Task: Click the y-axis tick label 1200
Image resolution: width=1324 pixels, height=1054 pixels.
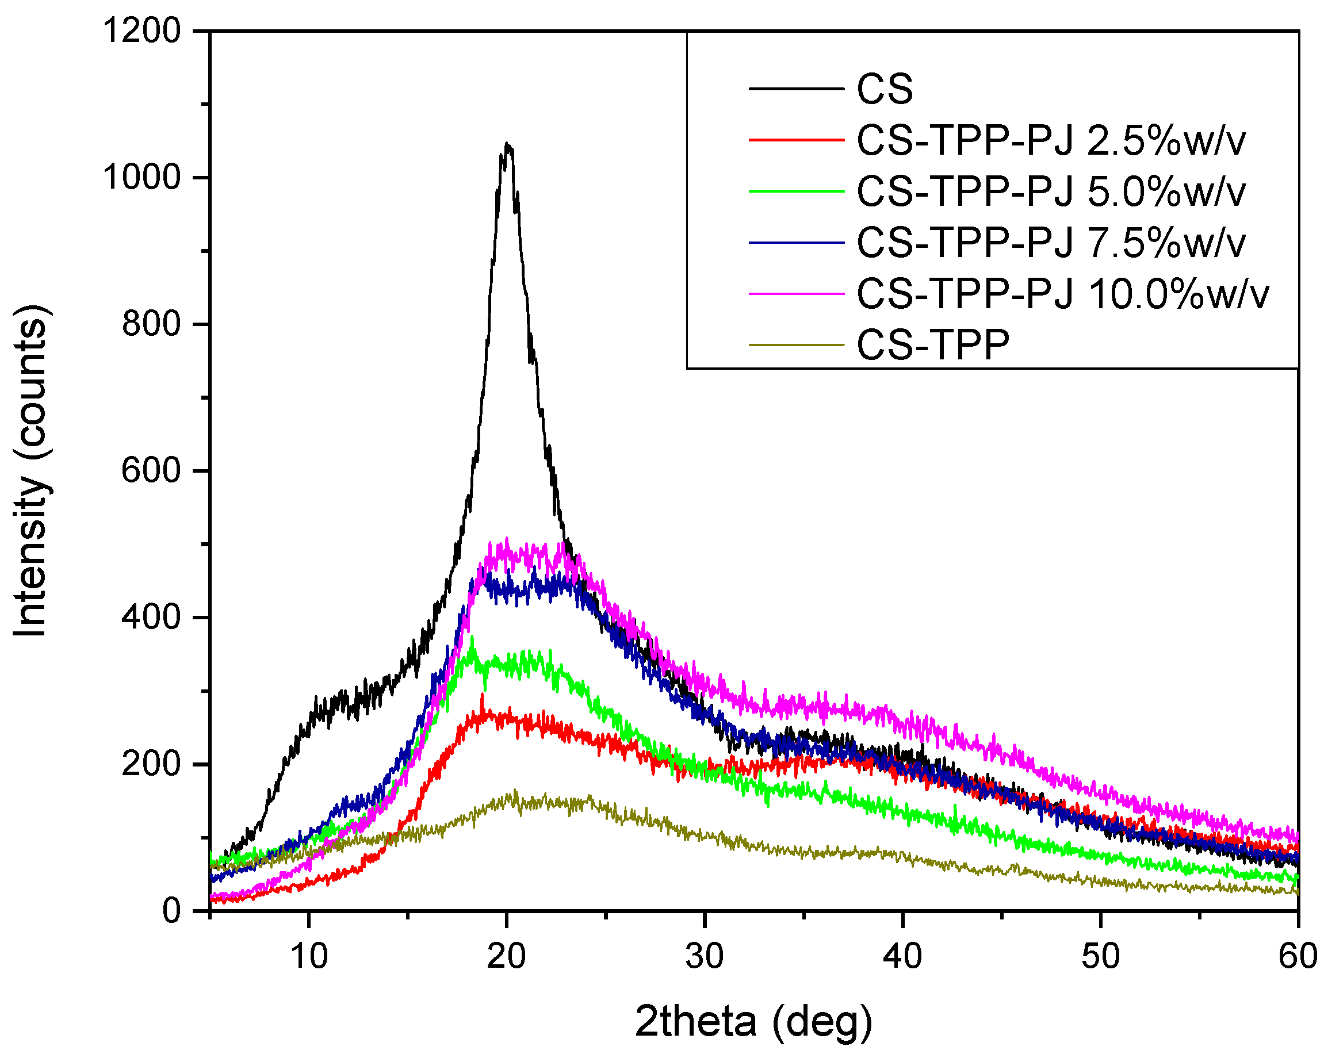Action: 142,30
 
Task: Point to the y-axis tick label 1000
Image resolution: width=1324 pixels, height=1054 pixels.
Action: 142,178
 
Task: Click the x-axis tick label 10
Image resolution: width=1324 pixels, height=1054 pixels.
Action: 309,956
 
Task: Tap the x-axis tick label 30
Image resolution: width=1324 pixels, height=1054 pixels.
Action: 705,956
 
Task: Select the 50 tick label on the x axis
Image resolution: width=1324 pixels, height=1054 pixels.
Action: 1100,956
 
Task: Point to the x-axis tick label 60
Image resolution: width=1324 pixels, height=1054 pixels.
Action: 1297,956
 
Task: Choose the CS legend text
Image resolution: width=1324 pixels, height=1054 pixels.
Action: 885,90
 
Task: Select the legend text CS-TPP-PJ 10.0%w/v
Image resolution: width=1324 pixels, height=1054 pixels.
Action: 1062,294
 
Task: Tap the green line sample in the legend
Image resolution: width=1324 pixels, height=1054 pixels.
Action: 797,191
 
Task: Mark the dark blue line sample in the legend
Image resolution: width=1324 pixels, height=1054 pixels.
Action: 797,243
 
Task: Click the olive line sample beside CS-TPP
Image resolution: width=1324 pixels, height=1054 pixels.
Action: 797,345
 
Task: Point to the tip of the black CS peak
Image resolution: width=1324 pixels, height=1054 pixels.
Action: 507,145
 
